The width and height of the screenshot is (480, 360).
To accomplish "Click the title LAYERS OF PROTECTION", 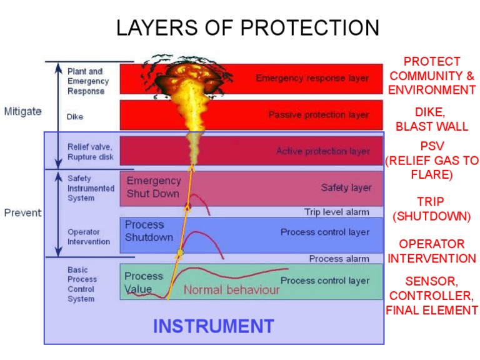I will click(247, 28).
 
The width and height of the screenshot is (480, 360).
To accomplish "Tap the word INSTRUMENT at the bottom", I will click(214, 326).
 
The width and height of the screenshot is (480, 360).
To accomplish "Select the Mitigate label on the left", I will click(23, 111).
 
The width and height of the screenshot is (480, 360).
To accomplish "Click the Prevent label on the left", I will click(22, 212).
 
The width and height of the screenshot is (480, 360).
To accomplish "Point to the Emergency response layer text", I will click(312, 79).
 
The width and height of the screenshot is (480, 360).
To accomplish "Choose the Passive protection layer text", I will click(319, 115).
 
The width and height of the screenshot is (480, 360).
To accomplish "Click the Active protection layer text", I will click(323, 151).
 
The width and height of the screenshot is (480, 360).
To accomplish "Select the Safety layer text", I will click(346, 187).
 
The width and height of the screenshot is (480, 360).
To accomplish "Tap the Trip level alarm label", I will click(337, 212).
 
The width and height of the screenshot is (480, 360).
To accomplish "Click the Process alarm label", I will click(339, 259).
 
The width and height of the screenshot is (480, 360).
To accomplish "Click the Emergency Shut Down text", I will click(153, 187).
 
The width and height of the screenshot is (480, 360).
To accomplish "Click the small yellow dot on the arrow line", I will click(181, 252).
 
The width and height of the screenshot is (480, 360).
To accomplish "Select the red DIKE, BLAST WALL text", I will click(431, 119).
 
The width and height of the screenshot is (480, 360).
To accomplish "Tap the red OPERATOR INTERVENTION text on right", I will click(431, 251).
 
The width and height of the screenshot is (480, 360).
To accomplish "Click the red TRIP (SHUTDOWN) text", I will click(431, 209).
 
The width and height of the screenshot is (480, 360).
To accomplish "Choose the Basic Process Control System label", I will click(82, 284).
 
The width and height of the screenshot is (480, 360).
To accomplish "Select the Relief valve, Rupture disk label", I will click(90, 152).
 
